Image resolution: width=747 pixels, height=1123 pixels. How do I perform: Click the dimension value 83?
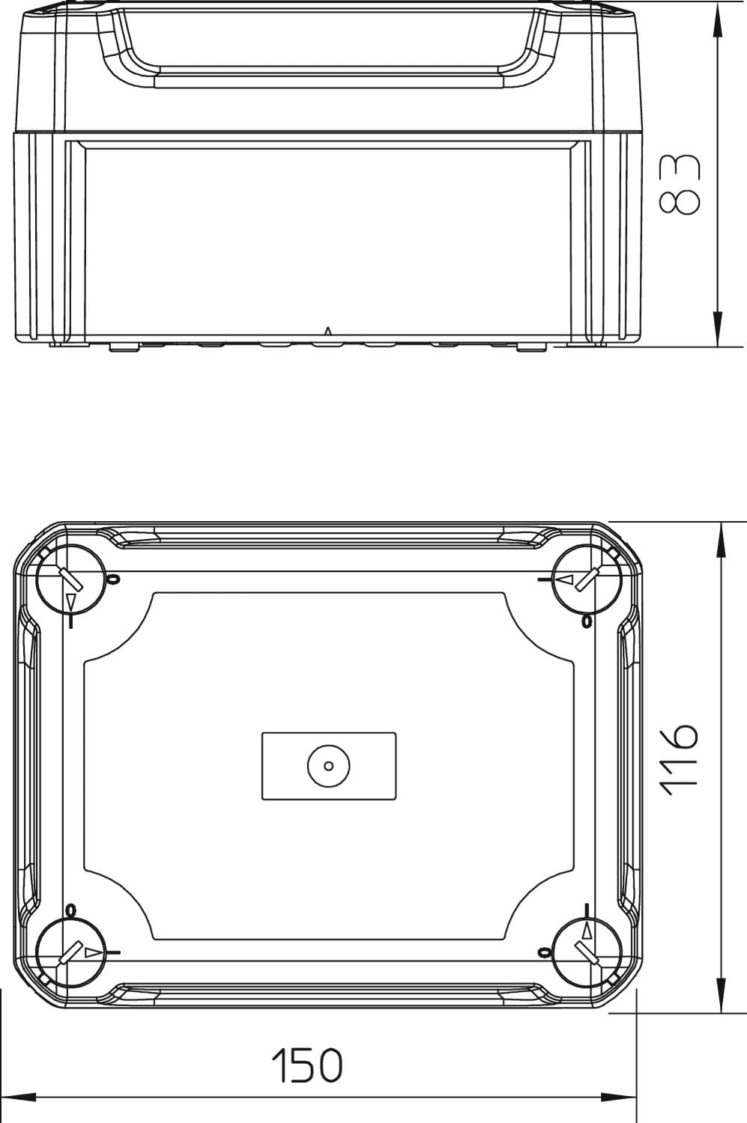tap(680, 184)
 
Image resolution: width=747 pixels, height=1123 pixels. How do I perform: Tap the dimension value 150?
tap(307, 1065)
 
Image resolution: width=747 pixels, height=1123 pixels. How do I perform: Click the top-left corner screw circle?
tap(71, 579)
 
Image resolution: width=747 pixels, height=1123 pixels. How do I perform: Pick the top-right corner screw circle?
tap(587, 579)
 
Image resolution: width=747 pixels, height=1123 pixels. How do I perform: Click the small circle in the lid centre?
tap(329, 766)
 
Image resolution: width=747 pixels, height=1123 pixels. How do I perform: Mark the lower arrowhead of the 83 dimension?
tap(717, 329)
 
